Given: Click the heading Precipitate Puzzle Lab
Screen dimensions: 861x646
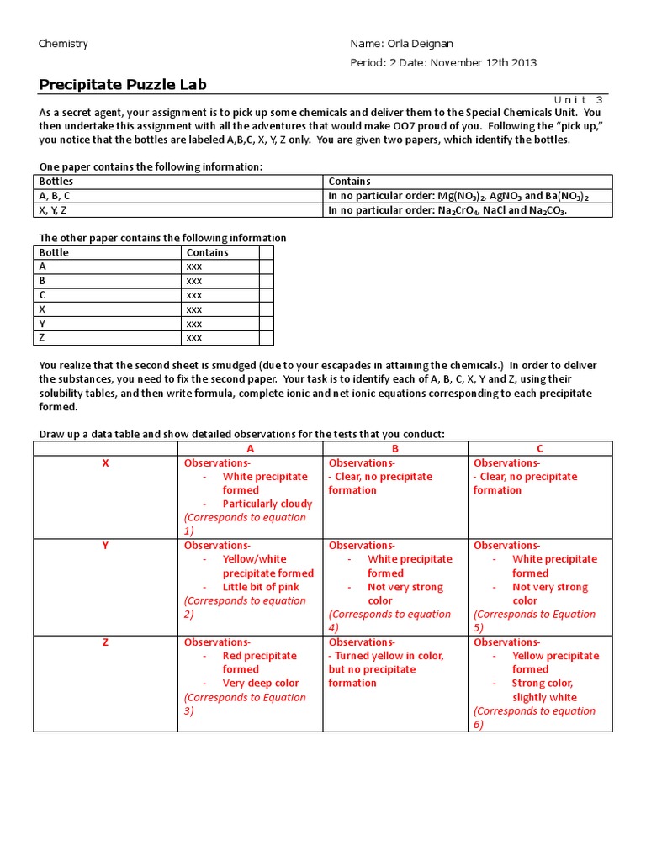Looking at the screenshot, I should click(123, 84).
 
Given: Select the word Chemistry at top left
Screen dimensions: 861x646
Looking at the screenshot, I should click(63, 44).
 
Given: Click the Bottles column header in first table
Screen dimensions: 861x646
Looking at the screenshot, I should click(56, 181).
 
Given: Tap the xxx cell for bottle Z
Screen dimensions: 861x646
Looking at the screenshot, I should click(194, 338).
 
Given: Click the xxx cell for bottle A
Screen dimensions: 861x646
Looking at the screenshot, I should click(194, 267).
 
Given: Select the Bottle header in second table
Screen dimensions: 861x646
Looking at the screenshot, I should click(54, 252).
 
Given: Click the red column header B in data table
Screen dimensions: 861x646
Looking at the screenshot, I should click(395, 449).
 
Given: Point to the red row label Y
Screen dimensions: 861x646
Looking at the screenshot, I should click(105, 545).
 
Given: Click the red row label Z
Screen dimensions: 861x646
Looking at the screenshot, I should click(105, 642).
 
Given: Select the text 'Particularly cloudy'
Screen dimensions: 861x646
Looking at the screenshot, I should click(267, 504).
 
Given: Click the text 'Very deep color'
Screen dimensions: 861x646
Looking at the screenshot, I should click(260, 683).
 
